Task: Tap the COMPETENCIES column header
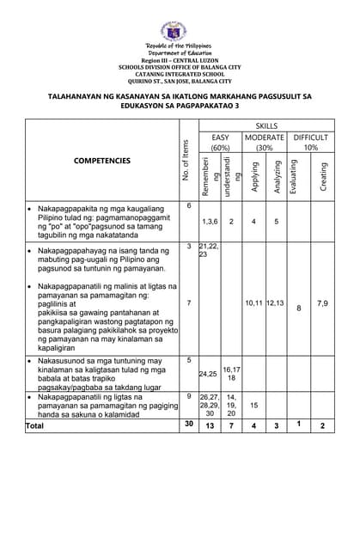pos(102,161)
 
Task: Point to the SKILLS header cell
pos(265,125)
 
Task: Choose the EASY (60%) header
pos(221,142)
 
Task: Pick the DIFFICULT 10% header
pos(310,142)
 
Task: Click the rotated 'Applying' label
pos(255,175)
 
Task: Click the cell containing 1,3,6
pos(211,222)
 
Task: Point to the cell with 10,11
pos(254,302)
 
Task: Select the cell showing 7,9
pos(322,302)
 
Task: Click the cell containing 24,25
pos(208,374)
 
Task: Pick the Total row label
pos(35,425)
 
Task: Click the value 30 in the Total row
pos(189,425)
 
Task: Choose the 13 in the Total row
pos(210,425)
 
